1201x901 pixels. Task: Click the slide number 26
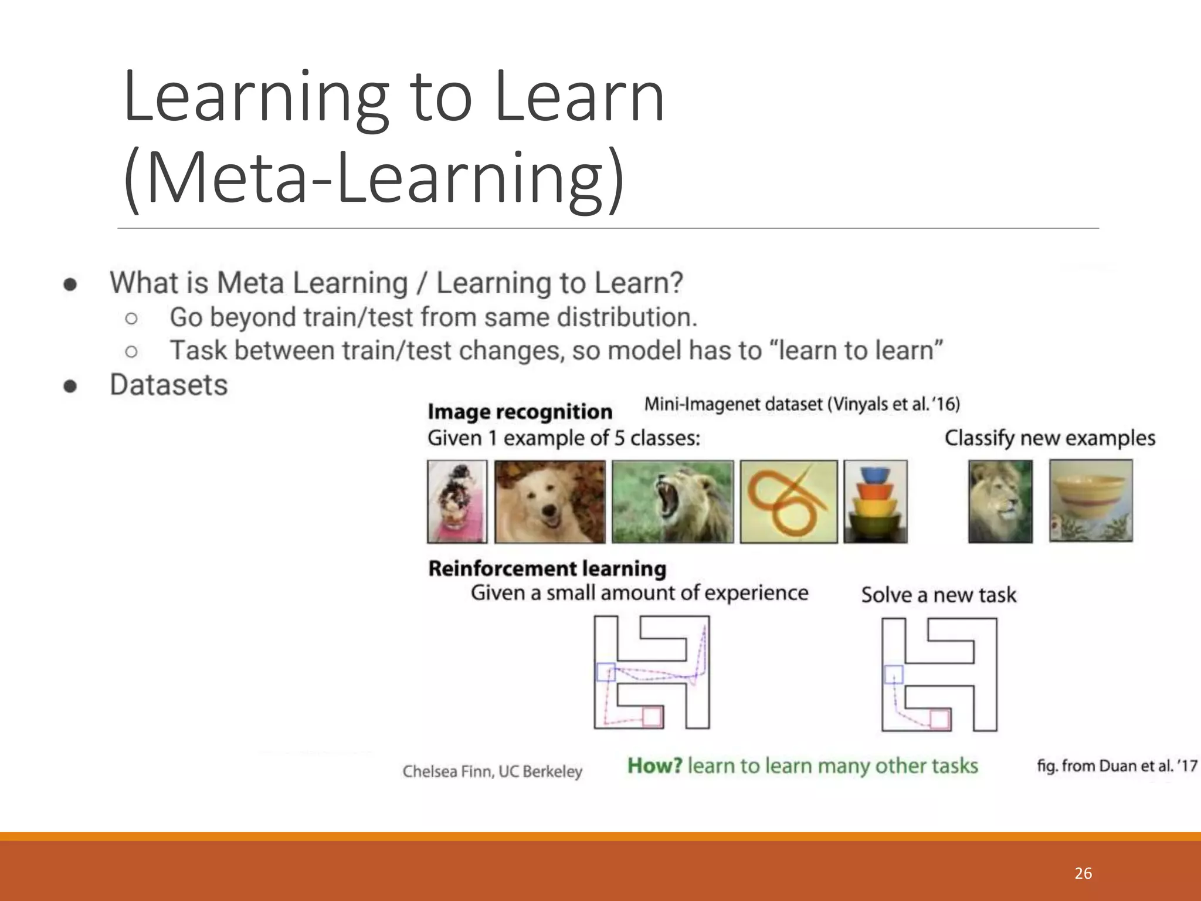pos(1083,873)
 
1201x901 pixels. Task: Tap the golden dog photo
pos(549,502)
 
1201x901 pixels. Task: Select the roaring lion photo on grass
pos(673,502)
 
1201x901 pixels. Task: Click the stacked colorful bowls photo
pos(876,502)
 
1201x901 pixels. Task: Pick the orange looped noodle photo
pos(789,502)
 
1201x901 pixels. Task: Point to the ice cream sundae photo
pos(457,502)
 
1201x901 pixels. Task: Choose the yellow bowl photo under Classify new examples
pos(1091,500)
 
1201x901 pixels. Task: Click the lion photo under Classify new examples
pos(1000,501)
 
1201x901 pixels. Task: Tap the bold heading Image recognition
pos(520,412)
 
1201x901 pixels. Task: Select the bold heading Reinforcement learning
pos(547,568)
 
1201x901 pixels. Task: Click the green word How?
pos(654,765)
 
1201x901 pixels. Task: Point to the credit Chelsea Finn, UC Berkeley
pos(492,771)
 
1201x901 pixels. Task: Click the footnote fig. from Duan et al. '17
pos(1117,765)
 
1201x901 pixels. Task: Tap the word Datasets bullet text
pos(169,385)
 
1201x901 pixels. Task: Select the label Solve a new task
pos(938,595)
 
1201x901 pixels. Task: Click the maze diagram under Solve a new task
pos(939,674)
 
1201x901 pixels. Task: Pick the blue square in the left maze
pos(606,672)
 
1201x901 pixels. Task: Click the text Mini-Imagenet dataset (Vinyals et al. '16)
pos(802,404)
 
